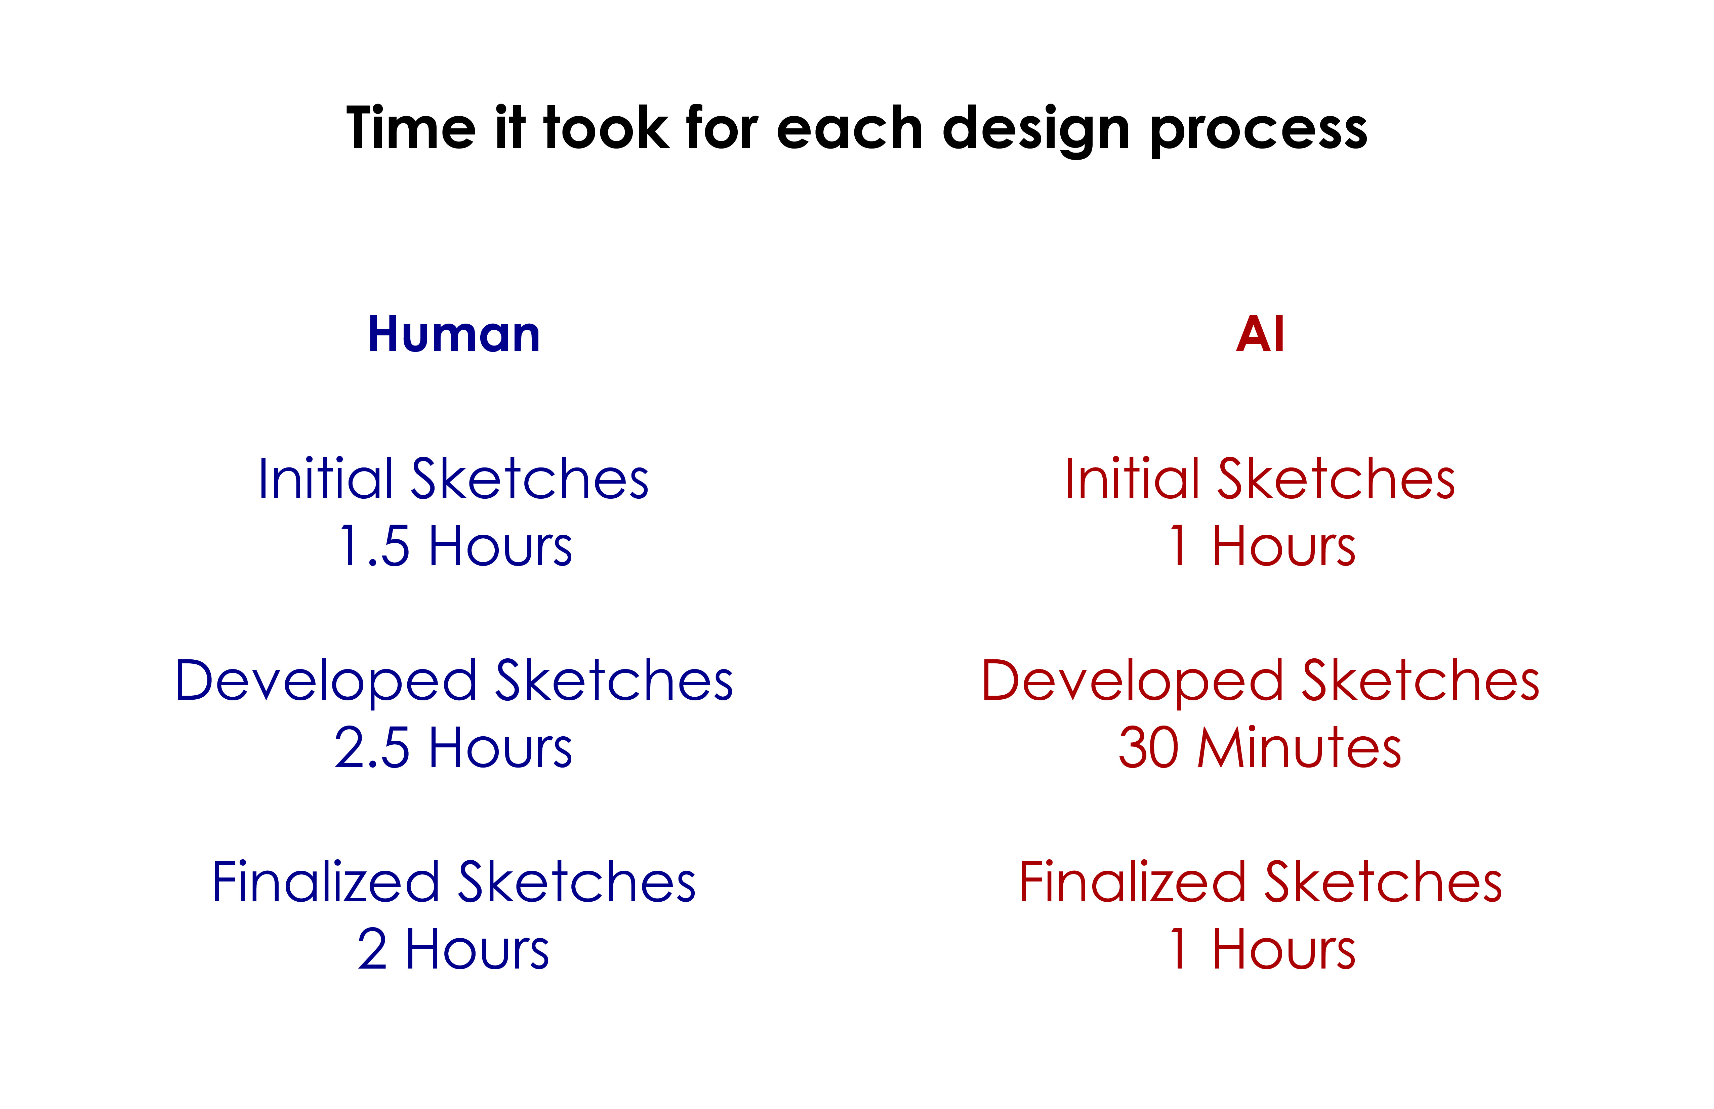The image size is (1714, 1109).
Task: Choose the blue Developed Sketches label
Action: click(454, 681)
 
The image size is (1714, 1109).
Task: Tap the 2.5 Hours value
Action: click(454, 747)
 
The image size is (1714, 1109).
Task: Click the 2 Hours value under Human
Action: click(454, 949)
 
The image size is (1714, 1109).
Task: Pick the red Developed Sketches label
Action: click(1260, 681)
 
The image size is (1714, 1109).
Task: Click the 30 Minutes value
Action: click(1260, 747)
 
